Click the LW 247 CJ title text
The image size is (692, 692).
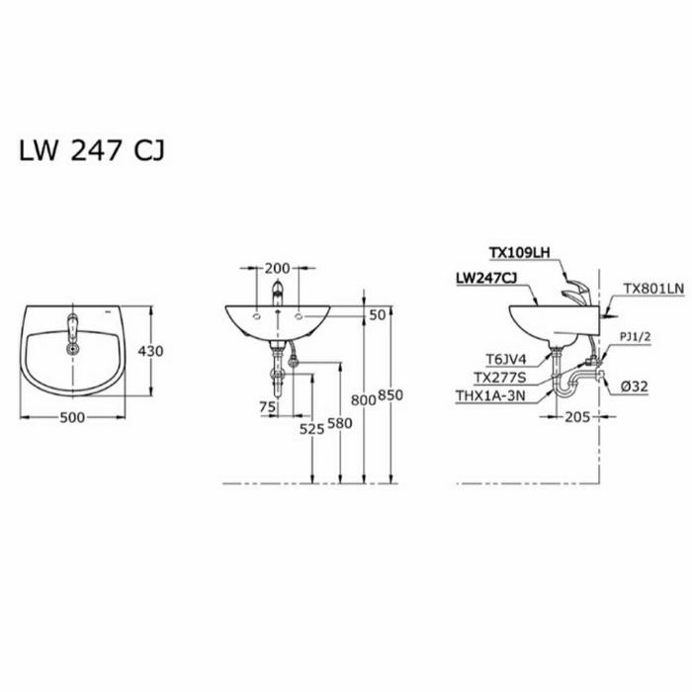[92, 150]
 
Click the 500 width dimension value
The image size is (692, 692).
[72, 417]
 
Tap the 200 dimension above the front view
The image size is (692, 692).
[278, 269]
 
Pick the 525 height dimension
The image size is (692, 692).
[312, 428]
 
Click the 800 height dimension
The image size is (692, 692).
[364, 398]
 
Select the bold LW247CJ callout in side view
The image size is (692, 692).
[486, 280]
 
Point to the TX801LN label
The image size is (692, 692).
[653, 289]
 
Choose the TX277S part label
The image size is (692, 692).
[499, 378]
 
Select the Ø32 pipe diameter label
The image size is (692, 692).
[635, 387]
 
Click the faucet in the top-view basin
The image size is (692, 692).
[71, 330]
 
